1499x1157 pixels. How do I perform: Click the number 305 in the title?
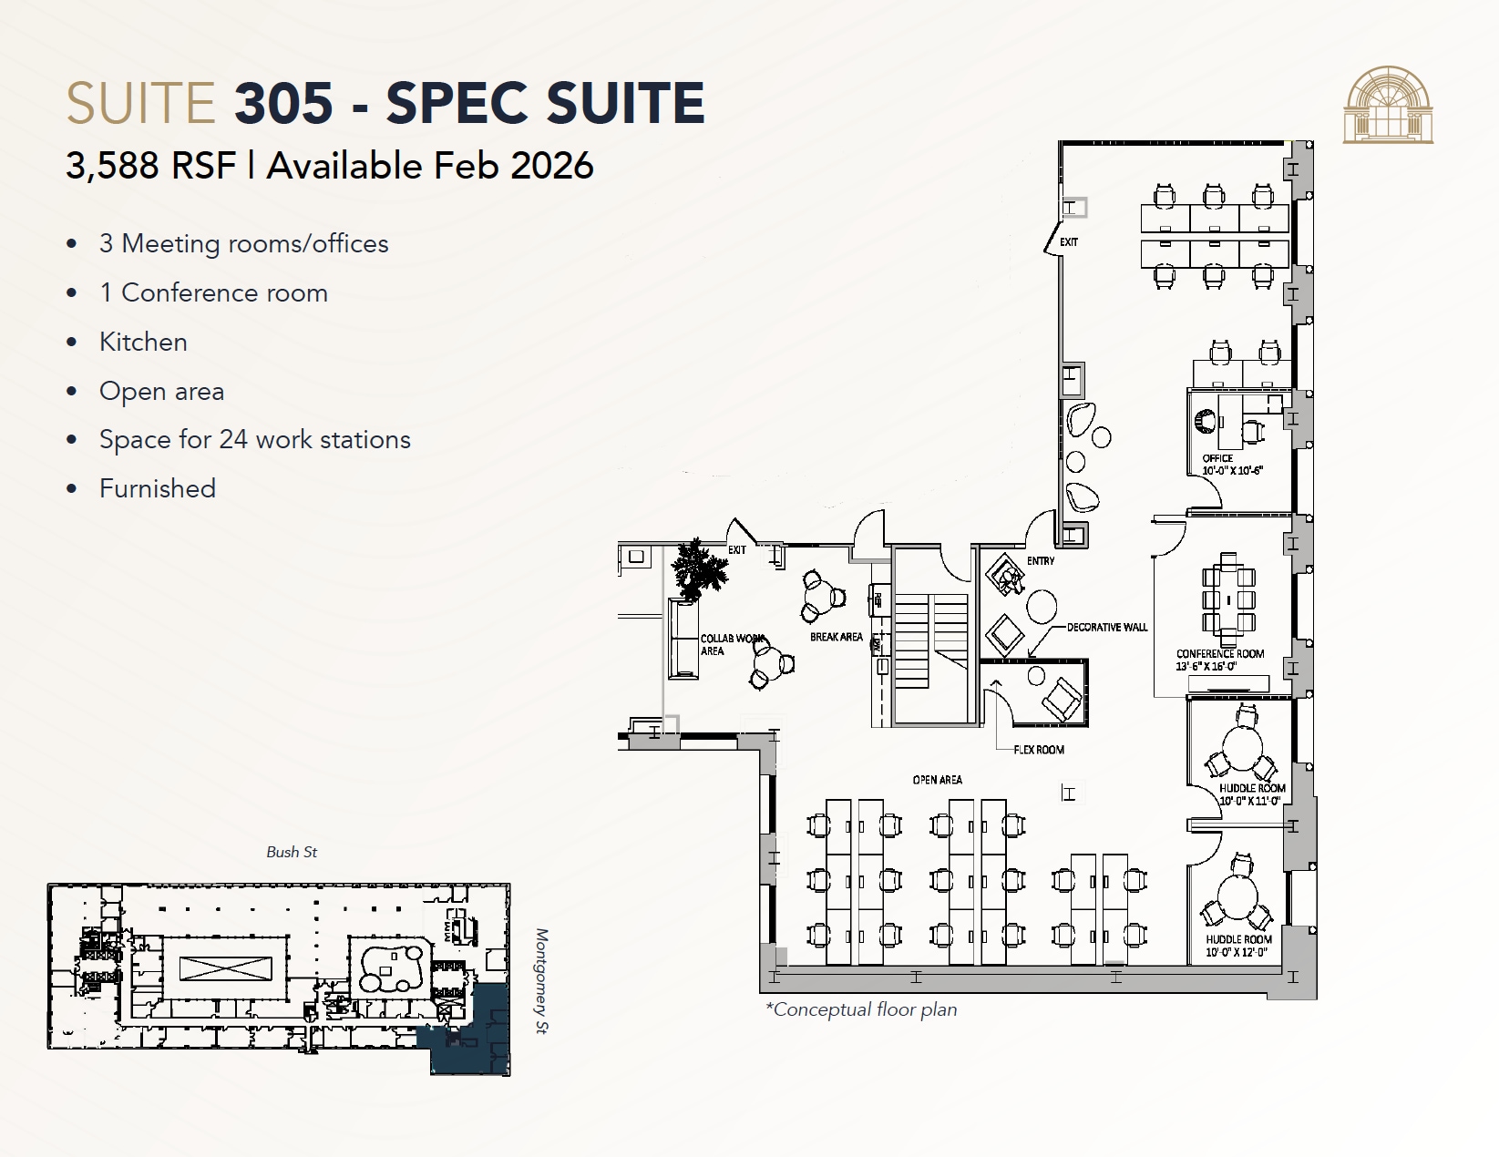[x=283, y=102]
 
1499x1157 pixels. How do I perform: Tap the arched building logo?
[x=1387, y=105]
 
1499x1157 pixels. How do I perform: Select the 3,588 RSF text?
[x=150, y=166]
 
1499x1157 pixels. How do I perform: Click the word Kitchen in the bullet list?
[x=143, y=342]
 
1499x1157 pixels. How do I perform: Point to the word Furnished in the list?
[x=157, y=488]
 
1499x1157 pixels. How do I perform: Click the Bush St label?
[x=292, y=852]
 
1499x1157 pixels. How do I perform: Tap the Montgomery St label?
[x=541, y=981]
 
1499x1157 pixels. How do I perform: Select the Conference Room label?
[x=1219, y=653]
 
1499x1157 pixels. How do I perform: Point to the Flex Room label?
[x=1039, y=750]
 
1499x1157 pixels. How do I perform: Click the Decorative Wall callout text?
[x=1107, y=627]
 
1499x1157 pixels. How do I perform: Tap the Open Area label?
[x=937, y=780]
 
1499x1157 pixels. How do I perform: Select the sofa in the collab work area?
[x=683, y=638]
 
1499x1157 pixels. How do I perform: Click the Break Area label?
[x=836, y=637]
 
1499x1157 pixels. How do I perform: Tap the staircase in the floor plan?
[x=929, y=642]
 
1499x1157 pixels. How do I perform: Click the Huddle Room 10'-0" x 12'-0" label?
[x=1238, y=946]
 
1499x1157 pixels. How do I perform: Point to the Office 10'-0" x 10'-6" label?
[x=1231, y=465]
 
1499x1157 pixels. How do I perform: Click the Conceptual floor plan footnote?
[x=861, y=1009]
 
